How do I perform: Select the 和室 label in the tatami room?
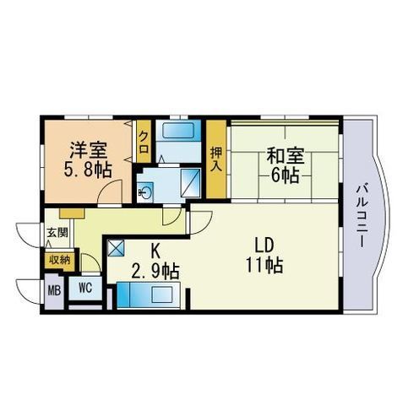point(284,156)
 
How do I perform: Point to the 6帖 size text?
point(284,175)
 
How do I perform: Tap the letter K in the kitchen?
point(155,251)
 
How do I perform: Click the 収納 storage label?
point(58,261)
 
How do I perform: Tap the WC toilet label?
point(85,288)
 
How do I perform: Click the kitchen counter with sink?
point(148,295)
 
